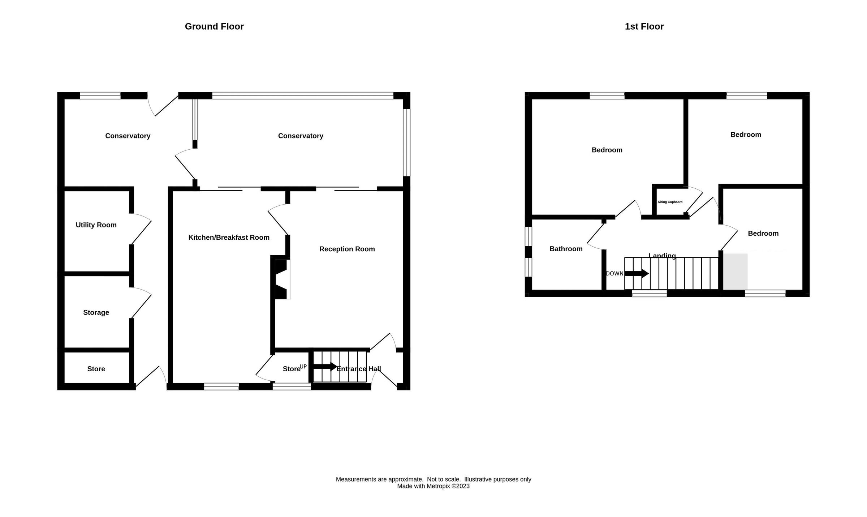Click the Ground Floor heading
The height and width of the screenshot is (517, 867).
[214, 26]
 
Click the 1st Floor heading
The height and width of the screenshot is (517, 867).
[644, 26]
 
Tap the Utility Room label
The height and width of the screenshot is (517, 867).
[96, 225]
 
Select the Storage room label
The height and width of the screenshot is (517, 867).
[96, 312]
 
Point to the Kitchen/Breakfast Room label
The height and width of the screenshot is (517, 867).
[229, 238]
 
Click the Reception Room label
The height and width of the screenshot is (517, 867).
[347, 249]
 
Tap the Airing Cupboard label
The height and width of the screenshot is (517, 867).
[670, 202]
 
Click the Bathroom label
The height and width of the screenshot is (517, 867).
[566, 249]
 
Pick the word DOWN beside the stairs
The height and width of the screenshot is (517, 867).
[614, 274]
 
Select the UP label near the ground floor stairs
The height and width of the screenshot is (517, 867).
[303, 367]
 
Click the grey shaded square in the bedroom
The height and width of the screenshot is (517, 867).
[735, 272]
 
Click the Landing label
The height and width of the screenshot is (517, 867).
[662, 256]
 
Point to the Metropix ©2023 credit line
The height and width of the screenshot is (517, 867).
[433, 486]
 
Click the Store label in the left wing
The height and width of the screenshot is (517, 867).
[96, 369]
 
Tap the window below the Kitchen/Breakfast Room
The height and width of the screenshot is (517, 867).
[221, 387]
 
